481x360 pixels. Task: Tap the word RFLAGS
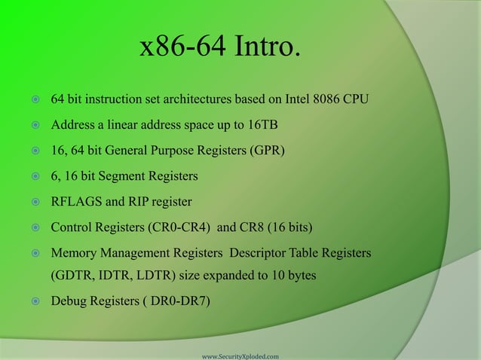coord(76,202)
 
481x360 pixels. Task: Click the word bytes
coord(299,275)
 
